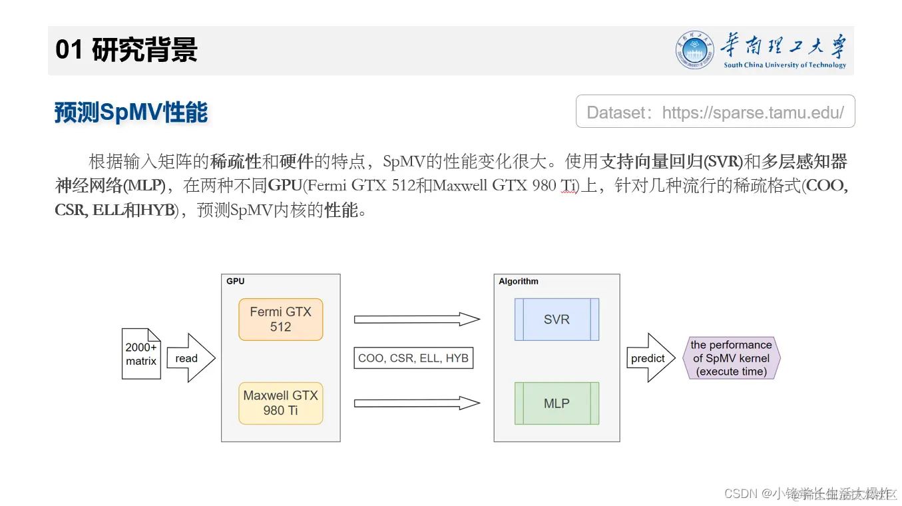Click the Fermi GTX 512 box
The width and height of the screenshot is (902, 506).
coord(280,320)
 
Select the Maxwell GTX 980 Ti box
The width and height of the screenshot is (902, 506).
coord(280,403)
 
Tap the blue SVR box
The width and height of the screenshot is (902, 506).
coord(557,320)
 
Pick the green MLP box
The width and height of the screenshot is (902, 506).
coord(557,403)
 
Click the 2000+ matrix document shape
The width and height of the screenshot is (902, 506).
coord(141,354)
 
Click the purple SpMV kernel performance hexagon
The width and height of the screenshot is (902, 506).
coord(731,358)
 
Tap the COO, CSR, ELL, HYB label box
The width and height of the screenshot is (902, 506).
coord(413,358)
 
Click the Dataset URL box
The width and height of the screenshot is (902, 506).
coord(715,112)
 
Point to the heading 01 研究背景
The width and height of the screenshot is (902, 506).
coord(126,50)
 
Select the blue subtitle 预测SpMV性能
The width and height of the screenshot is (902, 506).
coord(131,113)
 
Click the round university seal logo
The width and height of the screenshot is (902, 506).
coord(694,50)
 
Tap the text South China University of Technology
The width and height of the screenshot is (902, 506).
coord(785,65)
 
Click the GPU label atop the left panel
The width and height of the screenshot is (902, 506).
coord(236,282)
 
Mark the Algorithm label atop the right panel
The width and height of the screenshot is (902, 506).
coord(519,282)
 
